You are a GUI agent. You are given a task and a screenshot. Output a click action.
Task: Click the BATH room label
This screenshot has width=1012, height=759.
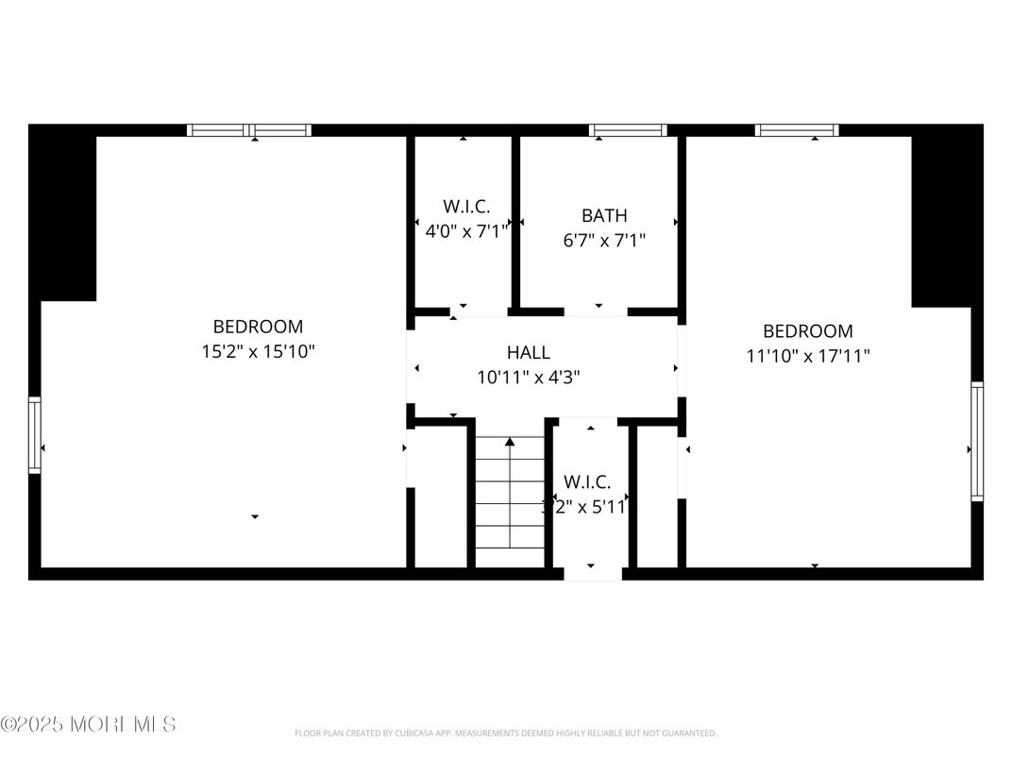click(603, 215)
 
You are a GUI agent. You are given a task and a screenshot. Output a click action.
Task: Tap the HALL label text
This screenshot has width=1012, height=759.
click(528, 352)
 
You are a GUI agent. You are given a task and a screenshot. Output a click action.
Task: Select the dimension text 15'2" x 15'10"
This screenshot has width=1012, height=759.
click(258, 352)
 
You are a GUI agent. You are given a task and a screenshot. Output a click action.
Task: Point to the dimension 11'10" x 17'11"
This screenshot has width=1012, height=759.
click(808, 356)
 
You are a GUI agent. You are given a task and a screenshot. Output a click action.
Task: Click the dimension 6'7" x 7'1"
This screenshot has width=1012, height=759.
click(603, 241)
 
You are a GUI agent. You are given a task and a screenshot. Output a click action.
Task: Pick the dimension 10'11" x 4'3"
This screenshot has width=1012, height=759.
click(528, 377)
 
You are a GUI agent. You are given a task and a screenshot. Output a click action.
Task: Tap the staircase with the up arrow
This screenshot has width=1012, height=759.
click(510, 500)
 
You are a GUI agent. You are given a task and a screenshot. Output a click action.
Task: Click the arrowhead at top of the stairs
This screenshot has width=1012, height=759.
click(510, 441)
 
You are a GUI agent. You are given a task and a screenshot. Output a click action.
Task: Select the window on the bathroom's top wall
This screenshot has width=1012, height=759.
click(628, 130)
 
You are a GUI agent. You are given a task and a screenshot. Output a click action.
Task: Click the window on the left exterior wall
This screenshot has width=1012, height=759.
click(35, 434)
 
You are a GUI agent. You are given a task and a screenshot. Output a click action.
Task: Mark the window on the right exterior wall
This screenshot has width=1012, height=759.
click(977, 441)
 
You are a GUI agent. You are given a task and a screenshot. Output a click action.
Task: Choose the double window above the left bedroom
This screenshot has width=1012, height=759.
click(249, 130)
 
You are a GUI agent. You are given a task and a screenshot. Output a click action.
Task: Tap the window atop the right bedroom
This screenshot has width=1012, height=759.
click(797, 130)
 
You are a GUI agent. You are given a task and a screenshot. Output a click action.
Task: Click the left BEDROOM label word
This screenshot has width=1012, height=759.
click(258, 327)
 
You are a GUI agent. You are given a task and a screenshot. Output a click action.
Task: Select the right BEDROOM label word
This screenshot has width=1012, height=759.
click(808, 331)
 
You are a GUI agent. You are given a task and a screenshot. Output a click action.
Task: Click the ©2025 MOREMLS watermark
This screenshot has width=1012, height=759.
click(88, 725)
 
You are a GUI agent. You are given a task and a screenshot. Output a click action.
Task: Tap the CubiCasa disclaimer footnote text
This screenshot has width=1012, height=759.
click(505, 734)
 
